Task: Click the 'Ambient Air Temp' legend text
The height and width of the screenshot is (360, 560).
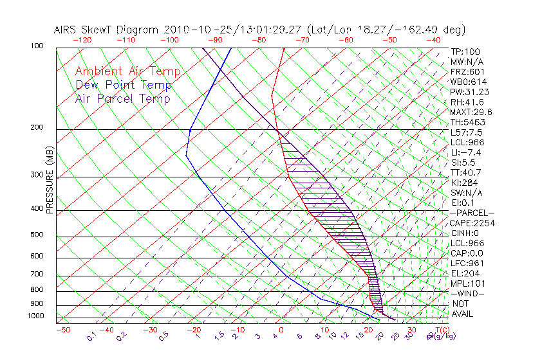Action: pos(127,71)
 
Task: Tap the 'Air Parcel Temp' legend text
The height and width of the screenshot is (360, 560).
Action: pos(122,98)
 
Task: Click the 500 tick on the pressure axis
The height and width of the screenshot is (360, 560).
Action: pos(36,235)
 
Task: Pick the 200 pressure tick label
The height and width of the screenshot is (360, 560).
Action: pos(36,127)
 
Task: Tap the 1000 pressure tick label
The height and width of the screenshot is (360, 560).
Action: pos(34,316)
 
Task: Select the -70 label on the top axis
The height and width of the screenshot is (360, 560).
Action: pos(301,40)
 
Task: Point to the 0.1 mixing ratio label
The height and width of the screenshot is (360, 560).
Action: pos(92,336)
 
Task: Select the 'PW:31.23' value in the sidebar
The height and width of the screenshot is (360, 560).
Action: pos(467,92)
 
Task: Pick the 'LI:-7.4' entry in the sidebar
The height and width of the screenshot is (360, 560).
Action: pos(465,152)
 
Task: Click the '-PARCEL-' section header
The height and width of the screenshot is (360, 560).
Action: pos(472,213)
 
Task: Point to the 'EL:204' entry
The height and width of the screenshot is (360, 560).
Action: pos(463,273)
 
